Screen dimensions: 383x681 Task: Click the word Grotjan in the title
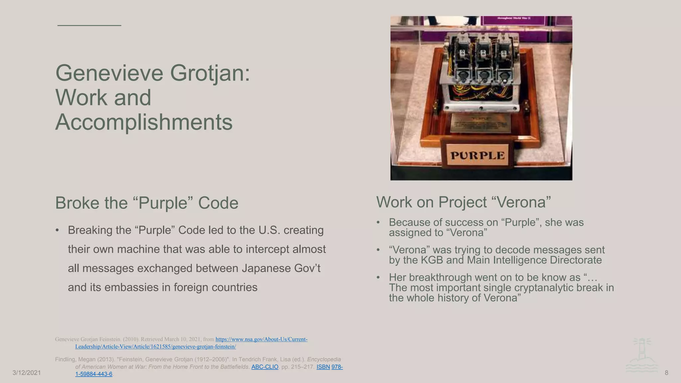(209, 73)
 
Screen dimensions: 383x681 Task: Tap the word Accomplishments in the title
(144, 122)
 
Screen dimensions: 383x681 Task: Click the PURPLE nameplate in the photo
(477, 156)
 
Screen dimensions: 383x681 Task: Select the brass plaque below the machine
(481, 124)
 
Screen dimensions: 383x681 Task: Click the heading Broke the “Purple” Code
(147, 203)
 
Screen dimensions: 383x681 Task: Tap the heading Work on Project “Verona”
(464, 202)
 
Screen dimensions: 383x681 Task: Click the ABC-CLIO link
(265, 367)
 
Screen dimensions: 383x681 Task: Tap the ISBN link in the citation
(323, 367)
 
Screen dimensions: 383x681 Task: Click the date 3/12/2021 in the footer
(27, 373)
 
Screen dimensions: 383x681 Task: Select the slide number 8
(666, 373)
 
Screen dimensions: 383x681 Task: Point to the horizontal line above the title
(89, 25)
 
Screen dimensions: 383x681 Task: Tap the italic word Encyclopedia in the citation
(324, 359)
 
